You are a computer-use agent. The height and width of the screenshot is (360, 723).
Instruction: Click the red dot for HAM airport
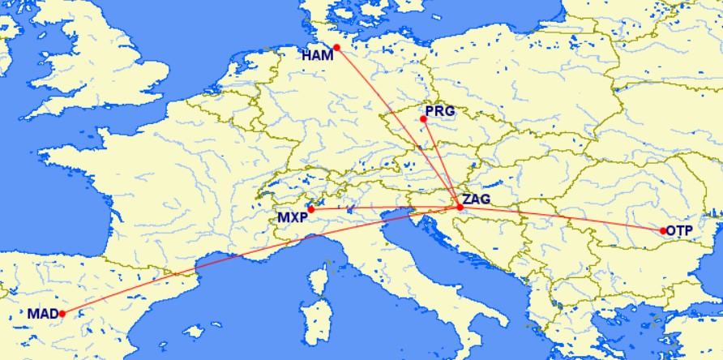coord(336,47)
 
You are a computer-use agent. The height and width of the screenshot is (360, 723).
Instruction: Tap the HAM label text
coord(317,56)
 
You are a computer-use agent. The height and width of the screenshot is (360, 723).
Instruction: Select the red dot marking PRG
coord(423,119)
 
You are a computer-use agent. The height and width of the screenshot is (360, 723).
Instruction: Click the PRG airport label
coord(440,110)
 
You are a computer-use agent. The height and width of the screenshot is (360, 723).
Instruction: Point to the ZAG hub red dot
coord(460,208)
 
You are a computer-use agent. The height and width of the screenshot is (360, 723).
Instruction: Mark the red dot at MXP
coord(310,209)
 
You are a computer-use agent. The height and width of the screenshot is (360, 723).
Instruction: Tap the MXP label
coord(292,218)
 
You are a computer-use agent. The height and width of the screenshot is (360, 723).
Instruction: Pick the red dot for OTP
coord(662,231)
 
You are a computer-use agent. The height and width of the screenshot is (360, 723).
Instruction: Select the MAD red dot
coord(62,314)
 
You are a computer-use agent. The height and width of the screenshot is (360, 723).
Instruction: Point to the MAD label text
coord(42,314)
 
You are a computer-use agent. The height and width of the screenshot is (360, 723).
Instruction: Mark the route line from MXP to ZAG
coord(381,208)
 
